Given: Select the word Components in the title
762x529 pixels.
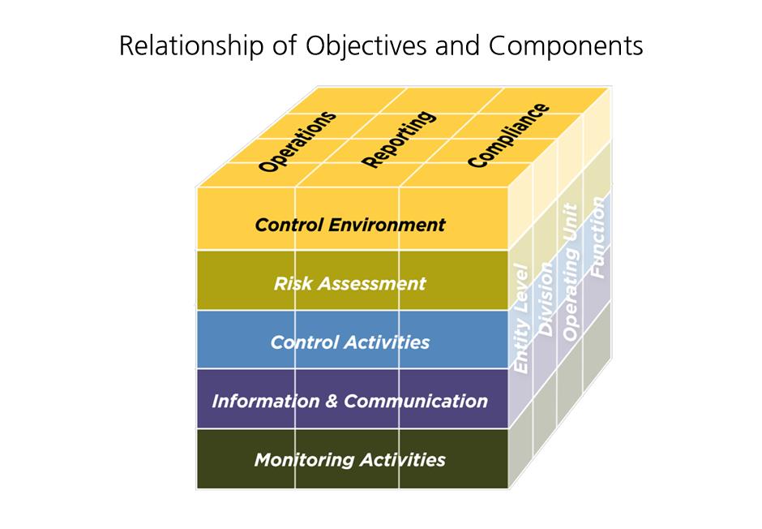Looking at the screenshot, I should pos(566,46).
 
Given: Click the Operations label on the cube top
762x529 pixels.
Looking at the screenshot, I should pos(297,141).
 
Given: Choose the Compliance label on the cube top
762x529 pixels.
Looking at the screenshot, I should pos(508,135).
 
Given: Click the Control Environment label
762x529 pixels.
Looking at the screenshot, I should pos(350,225).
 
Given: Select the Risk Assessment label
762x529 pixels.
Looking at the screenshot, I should pos(349,284).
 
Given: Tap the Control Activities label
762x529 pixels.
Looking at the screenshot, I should pos(350,342).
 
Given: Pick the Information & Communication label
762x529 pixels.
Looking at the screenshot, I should pos(349,402).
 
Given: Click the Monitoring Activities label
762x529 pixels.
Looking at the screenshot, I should pos(349,460).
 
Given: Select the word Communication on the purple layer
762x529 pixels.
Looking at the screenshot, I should pos(416,402).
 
